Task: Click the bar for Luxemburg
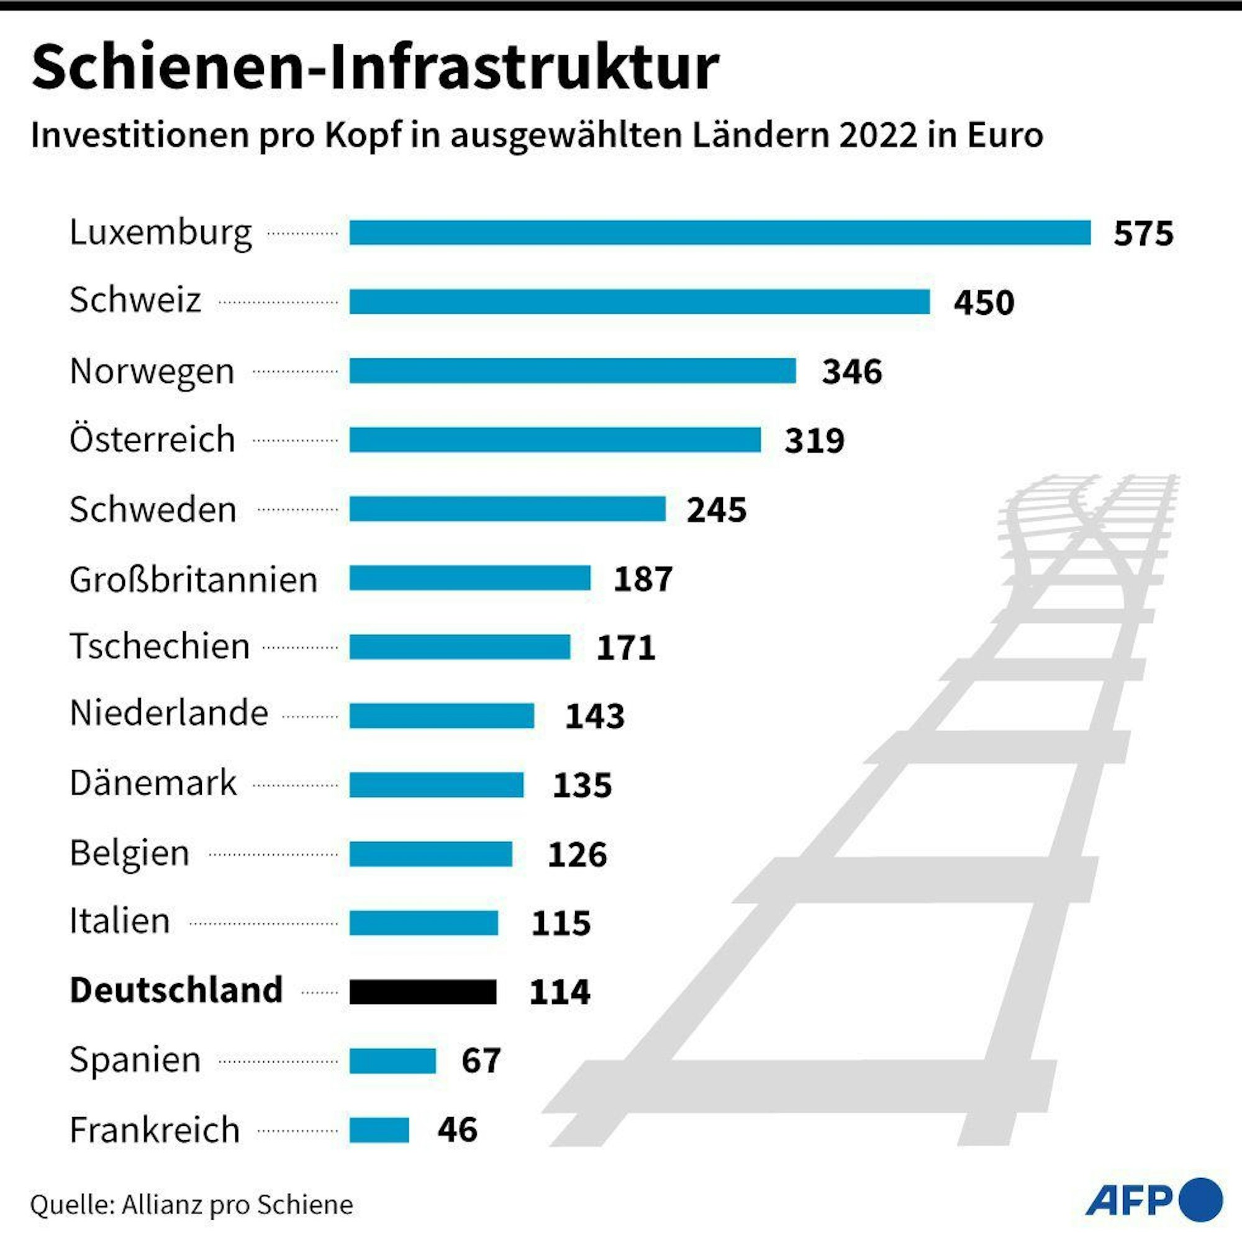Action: [x=720, y=232]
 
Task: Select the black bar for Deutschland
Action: [x=423, y=992]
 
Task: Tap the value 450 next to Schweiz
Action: [x=984, y=302]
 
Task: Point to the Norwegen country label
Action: [x=152, y=371]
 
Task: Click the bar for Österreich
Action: [x=555, y=440]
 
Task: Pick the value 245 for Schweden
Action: [x=716, y=510]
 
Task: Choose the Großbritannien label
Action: [x=194, y=579]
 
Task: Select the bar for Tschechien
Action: [x=460, y=646]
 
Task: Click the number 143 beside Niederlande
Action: [x=594, y=716]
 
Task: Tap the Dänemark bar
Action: [x=437, y=785]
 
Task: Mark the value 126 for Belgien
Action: [x=577, y=854]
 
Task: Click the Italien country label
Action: [x=120, y=920]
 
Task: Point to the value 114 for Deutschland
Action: [x=560, y=992]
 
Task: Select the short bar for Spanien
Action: [x=392, y=1061]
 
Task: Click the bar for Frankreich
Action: [x=379, y=1130]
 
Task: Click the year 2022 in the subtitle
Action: [x=877, y=135]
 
